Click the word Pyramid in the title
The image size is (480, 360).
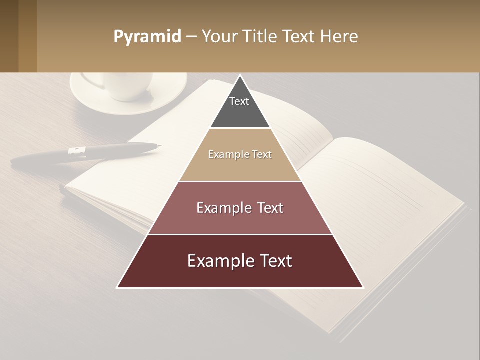(147, 37)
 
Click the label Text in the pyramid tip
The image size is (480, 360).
(239, 101)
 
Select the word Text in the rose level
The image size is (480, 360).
(270, 208)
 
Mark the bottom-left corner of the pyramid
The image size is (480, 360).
(117, 287)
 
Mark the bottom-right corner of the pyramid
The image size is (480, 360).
(363, 287)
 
